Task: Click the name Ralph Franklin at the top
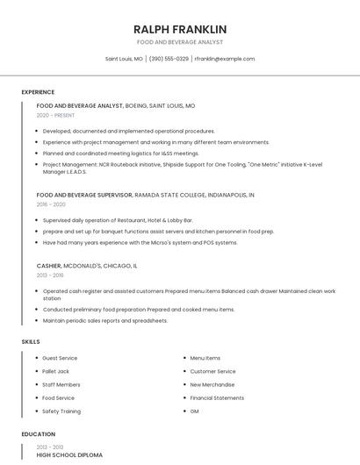coord(180,29)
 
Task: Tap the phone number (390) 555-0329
coord(169,59)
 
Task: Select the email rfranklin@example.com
coord(225,59)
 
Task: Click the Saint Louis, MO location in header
coord(124,59)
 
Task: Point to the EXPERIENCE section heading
coord(38,92)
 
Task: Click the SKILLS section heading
coord(31,340)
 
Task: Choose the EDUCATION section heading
coord(38,434)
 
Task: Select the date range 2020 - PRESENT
coord(56,115)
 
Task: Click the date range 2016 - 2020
coord(51,204)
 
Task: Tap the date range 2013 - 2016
coord(50,275)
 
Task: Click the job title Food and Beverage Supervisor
coord(84,194)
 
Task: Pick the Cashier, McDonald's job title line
coord(87,265)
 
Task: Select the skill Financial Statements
coord(217,397)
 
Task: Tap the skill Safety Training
coord(61,411)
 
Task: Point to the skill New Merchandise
coord(212,384)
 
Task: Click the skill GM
coord(194,411)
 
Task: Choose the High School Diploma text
coord(69,455)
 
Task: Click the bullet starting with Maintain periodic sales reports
coord(104,320)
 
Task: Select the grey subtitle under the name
coord(180,42)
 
